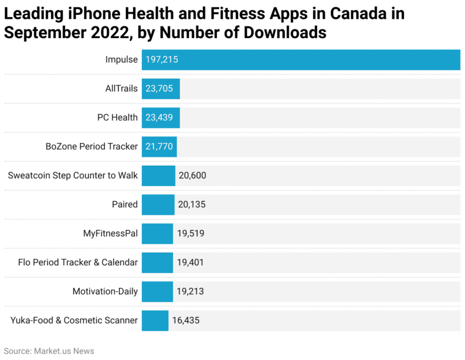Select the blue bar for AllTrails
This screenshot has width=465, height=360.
161,89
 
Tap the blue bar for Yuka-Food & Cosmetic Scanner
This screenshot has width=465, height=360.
155,320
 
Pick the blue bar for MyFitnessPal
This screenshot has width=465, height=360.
157,233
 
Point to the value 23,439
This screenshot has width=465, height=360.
159,117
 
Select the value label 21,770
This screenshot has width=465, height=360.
159,147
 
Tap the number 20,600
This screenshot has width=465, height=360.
192,176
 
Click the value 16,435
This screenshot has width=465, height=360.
185,320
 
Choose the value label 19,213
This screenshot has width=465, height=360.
190,291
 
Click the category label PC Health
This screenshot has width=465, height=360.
117,117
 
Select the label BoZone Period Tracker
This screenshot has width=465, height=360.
92,147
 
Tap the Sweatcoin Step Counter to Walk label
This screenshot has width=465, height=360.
73,176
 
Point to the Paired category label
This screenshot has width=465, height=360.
125,204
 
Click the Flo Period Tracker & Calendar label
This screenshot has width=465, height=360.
77,263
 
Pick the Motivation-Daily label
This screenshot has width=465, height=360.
105,291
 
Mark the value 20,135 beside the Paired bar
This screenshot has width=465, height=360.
192,204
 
